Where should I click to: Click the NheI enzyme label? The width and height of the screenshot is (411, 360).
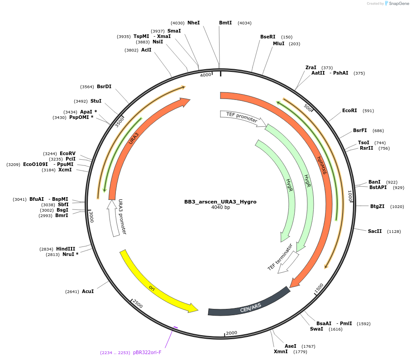pyautogui.click(x=193, y=23)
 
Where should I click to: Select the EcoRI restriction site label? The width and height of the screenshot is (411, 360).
pyautogui.click(x=349, y=110)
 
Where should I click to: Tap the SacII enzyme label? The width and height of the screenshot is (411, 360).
pyautogui.click(x=375, y=231)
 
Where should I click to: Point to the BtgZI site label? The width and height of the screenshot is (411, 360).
pyautogui.click(x=377, y=206)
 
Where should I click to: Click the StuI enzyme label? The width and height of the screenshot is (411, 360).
pyautogui.click(x=96, y=101)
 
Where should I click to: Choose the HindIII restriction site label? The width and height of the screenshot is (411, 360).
pyautogui.click(x=66, y=249)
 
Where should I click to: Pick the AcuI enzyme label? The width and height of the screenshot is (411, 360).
pyautogui.click(x=88, y=291)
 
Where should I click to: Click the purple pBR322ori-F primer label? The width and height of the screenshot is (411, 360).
pyautogui.click(x=147, y=352)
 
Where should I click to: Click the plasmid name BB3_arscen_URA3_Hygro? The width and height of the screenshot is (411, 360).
pyautogui.click(x=220, y=202)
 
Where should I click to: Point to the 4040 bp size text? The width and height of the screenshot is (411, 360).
pyautogui.click(x=220, y=208)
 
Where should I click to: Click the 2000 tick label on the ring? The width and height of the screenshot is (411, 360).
pyautogui.click(x=231, y=333)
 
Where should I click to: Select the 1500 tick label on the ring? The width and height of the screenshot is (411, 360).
pyautogui.click(x=319, y=288)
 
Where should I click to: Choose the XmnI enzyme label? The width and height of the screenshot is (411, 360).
pyautogui.click(x=281, y=351)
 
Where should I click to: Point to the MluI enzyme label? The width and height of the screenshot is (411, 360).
pyautogui.click(x=278, y=44)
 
